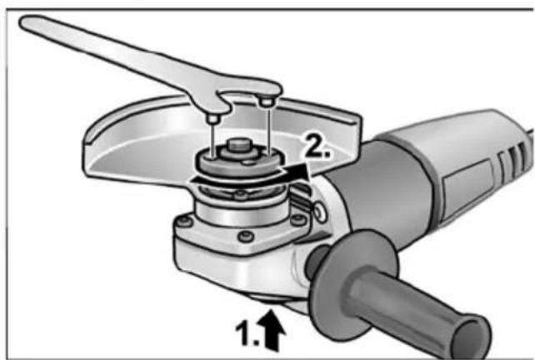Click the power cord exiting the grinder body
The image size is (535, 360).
point(525,125)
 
